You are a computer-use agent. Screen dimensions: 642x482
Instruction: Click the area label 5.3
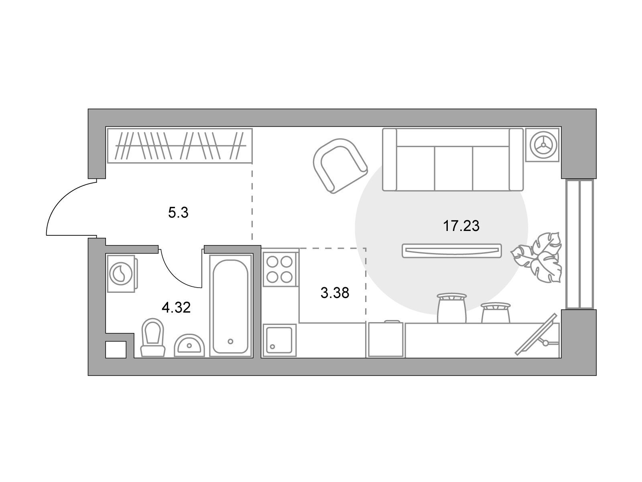click(178, 213)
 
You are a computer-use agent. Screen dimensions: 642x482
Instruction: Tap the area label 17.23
click(461, 226)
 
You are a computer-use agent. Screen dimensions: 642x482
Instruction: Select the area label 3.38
click(335, 293)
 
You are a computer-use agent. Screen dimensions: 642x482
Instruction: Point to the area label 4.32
click(176, 308)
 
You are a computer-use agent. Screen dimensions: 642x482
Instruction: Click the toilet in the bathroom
click(153, 338)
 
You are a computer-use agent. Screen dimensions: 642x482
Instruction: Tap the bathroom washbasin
click(189, 345)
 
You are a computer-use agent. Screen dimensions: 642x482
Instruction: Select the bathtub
click(231, 306)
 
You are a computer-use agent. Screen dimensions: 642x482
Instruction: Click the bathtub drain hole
click(230, 341)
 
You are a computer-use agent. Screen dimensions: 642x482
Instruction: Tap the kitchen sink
click(279, 340)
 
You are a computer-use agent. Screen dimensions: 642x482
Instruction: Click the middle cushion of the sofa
click(453, 168)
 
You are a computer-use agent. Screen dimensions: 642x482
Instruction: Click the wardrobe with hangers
click(180, 145)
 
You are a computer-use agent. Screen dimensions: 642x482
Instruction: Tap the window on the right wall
click(579, 244)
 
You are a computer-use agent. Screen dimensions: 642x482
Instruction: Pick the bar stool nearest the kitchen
click(451, 308)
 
